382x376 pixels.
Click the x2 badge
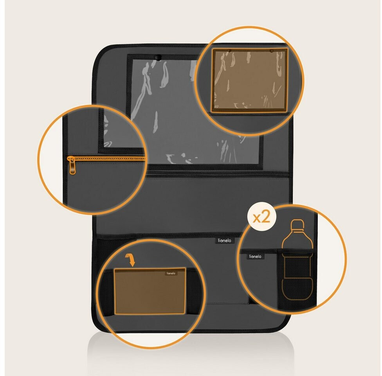pyautogui.click(x=262, y=217)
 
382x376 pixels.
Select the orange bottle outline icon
pyautogui.click(x=297, y=259)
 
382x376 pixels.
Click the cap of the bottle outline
pyautogui.click(x=298, y=224)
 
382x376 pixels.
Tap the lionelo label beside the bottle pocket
pyautogui.click(x=255, y=256)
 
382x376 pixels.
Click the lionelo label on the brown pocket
pyautogui.click(x=171, y=273)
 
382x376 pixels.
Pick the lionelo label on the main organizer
pyautogui.click(x=225, y=240)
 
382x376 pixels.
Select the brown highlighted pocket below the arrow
pyautogui.click(x=150, y=291)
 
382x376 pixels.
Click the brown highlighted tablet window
pyautogui.click(x=250, y=80)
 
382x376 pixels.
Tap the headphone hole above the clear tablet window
pyautogui.click(x=158, y=58)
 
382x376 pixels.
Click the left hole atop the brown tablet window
pyautogui.click(x=229, y=51)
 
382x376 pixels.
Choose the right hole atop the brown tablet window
pyautogui.click(x=272, y=51)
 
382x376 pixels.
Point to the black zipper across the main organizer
pyautogui.click(x=217, y=175)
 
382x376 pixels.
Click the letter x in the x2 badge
pyautogui.click(x=257, y=218)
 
